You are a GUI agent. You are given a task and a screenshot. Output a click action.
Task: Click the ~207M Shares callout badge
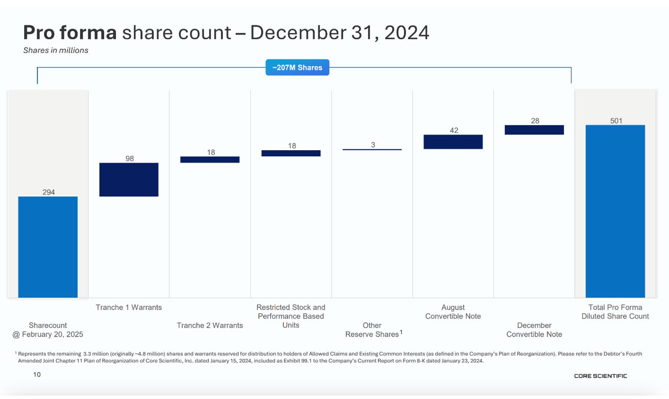(298, 68)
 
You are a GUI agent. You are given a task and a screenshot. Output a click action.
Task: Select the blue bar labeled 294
(48, 247)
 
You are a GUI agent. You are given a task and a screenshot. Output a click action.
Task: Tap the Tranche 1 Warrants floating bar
(129, 180)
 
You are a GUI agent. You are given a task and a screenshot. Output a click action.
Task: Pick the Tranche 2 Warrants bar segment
(210, 160)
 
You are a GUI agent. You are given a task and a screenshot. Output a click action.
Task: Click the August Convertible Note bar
(453, 142)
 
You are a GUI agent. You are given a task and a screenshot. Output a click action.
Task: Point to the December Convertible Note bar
(534, 130)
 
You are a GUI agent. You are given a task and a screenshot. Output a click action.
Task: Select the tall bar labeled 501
(615, 211)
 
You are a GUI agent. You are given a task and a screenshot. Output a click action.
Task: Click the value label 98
(130, 158)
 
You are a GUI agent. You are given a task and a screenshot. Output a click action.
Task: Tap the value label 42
(454, 130)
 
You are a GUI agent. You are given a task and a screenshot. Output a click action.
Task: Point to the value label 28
(535, 121)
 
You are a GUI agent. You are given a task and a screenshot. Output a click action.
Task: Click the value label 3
(373, 145)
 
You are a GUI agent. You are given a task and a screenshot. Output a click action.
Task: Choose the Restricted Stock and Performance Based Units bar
(291, 153)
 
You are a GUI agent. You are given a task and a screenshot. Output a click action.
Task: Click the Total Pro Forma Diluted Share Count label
(615, 312)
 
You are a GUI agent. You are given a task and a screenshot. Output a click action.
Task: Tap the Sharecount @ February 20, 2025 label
(48, 330)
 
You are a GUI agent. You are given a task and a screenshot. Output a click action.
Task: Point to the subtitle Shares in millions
(56, 50)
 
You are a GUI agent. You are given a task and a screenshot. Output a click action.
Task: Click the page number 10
(37, 374)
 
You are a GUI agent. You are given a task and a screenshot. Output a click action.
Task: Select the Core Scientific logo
(601, 376)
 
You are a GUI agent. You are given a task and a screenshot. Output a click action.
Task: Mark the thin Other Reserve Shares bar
(372, 149)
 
